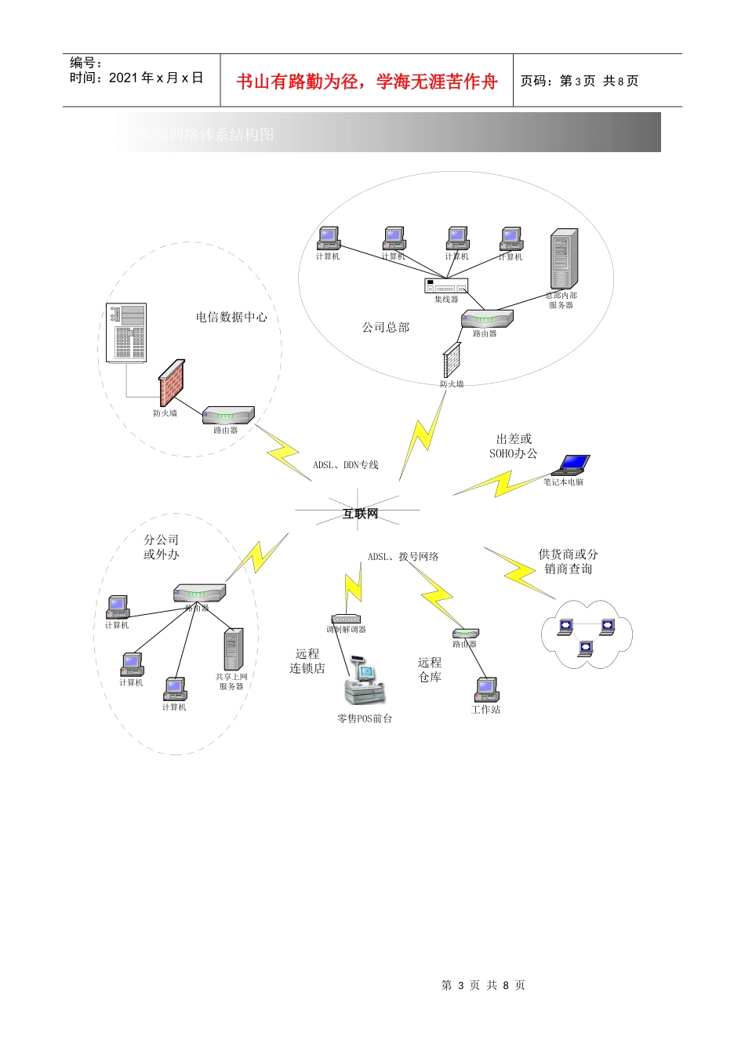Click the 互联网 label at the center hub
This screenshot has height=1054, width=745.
(x=360, y=514)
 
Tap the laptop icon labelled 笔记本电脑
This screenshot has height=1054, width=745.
(x=570, y=466)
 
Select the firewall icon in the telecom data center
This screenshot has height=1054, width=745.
(x=172, y=382)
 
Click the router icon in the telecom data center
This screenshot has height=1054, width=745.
(x=228, y=415)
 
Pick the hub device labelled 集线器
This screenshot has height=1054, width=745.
(x=446, y=285)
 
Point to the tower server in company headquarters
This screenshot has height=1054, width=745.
(x=563, y=260)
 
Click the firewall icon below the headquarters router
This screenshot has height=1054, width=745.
(x=452, y=361)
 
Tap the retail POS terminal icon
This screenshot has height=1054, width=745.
(x=365, y=685)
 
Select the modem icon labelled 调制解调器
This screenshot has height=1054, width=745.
(x=345, y=619)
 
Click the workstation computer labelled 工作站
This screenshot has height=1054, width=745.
(x=486, y=690)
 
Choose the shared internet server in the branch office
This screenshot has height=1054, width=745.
(x=233, y=649)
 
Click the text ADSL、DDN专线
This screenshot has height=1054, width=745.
(x=346, y=465)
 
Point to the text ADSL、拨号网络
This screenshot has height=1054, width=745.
(x=403, y=557)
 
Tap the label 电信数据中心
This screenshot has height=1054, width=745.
(x=231, y=318)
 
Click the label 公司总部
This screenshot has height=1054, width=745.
(x=386, y=327)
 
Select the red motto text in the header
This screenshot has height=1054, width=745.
(x=367, y=82)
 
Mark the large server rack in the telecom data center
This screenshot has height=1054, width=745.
(x=127, y=333)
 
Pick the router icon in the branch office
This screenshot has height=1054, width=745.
(x=199, y=593)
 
